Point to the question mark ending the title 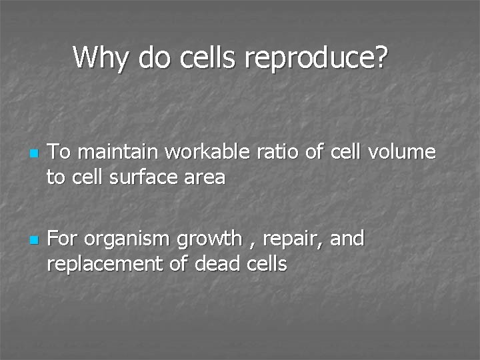click(x=380, y=57)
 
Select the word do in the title click(x=154, y=57)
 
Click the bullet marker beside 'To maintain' click(x=33, y=154)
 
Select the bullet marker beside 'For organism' click(x=33, y=239)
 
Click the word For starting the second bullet click(x=63, y=238)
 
